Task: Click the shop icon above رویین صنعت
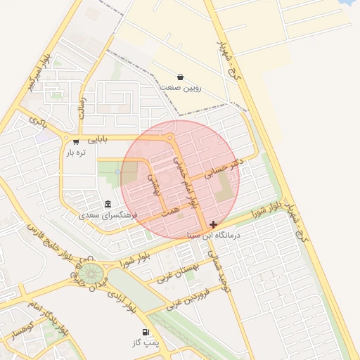[181, 77]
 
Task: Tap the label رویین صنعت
[181, 88]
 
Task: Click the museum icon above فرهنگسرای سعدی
[108, 204]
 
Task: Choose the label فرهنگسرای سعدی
[108, 214]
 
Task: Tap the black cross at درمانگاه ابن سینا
[213, 225]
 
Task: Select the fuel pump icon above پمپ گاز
[146, 333]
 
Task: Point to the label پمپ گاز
[146, 343]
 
